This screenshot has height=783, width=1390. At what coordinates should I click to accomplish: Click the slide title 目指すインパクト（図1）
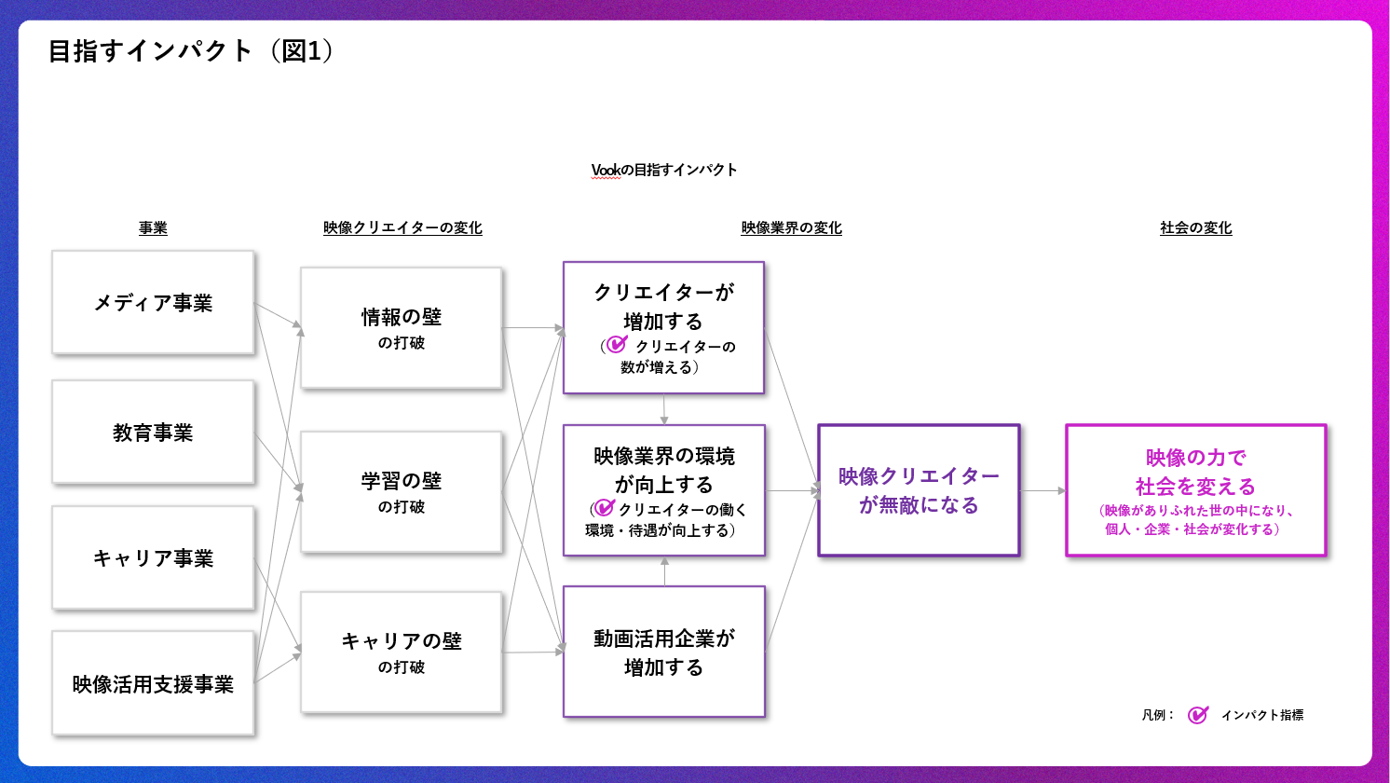[x=191, y=50]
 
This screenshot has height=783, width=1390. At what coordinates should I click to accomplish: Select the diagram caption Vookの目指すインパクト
[x=664, y=170]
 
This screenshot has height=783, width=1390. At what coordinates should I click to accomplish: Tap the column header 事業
[x=153, y=228]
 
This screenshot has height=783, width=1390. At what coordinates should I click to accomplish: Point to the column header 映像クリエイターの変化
[x=402, y=228]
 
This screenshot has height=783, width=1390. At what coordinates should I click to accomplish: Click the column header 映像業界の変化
[x=791, y=228]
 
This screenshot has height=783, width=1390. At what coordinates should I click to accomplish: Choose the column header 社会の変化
[x=1195, y=228]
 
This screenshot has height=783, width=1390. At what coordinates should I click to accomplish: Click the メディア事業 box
[x=153, y=302]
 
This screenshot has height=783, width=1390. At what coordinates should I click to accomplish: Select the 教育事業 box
[x=153, y=432]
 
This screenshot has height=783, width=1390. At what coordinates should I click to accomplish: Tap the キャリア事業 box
[x=153, y=557]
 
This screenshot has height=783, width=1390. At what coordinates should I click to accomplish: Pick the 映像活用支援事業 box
[x=153, y=683]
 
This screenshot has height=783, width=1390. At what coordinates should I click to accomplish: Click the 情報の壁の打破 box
[x=402, y=327]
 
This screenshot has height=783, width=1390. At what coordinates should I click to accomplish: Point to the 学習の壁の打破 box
[x=402, y=491]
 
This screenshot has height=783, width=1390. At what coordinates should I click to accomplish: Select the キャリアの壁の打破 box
[x=402, y=652]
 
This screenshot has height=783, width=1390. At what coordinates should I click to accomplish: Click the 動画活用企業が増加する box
[x=663, y=652]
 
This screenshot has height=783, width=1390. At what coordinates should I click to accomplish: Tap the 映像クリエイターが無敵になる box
[x=919, y=490]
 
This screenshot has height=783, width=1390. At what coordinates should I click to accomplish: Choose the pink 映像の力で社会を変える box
[x=1195, y=490]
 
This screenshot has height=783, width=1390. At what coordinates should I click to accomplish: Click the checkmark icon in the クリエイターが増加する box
[x=617, y=345]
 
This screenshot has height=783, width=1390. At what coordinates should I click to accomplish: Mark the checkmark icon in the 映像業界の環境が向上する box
[x=605, y=508]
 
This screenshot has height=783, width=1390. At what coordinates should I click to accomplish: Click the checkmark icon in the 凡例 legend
[x=1198, y=715]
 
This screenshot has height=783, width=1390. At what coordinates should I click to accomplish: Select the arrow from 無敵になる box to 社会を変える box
[x=1042, y=490]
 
